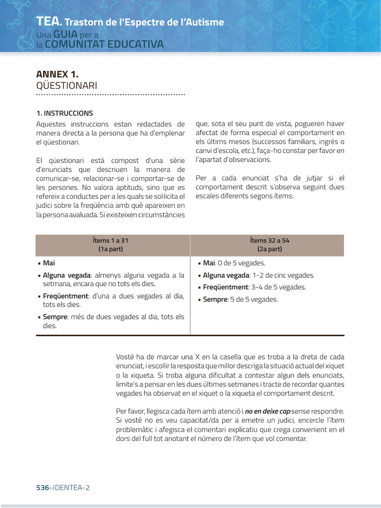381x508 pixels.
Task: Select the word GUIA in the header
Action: pos(64,35)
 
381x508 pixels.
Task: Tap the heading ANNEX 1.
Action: pos(58,74)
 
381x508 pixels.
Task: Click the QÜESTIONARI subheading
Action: pos(66,86)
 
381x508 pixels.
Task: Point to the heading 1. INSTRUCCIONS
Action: pos(64,113)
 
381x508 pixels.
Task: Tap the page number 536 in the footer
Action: pos(42,488)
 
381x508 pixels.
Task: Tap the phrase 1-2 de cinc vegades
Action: pos(283,275)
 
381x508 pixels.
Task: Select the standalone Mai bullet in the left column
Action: pos(49,263)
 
